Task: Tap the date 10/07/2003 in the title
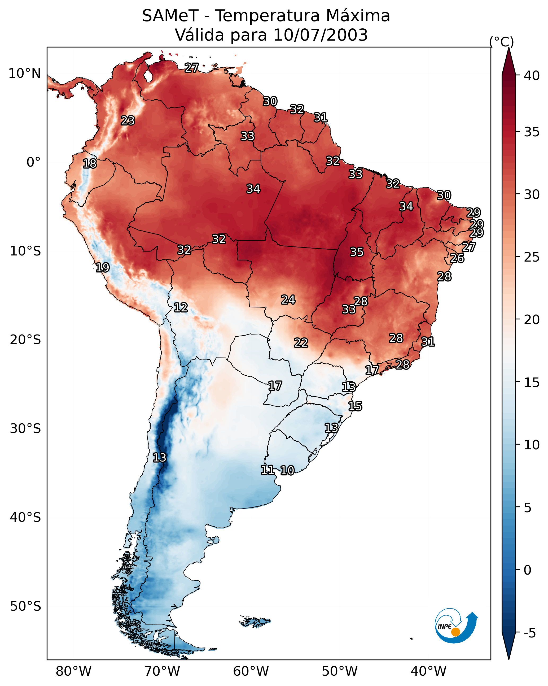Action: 320,35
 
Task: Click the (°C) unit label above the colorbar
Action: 501,42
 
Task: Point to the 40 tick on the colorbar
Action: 532,76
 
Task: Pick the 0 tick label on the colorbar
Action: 527,570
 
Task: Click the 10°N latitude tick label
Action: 24,73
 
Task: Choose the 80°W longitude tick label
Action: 73,671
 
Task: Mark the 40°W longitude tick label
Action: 428,671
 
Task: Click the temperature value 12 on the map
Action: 181,307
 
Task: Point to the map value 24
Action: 288,300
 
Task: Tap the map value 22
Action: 301,343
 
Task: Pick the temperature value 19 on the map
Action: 102,267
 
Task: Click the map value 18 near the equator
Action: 90,164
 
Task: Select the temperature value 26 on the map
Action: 457,258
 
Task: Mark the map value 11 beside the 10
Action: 268,470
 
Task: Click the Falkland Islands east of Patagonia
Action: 255,622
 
